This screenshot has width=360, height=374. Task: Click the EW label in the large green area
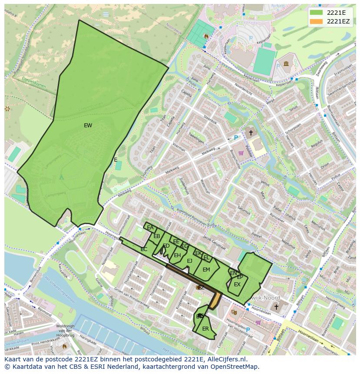pos(88,126)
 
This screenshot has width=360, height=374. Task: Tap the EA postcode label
pos(150,228)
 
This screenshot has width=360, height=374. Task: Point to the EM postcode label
pos(206,270)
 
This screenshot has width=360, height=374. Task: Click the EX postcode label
pos(237,285)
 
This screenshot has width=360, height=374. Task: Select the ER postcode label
pos(206,329)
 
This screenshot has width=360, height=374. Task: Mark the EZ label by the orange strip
pos(201,288)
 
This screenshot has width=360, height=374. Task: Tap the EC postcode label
pos(144,249)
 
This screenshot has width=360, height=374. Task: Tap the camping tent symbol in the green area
pos(61,177)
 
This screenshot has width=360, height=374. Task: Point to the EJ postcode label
pos(190,261)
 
